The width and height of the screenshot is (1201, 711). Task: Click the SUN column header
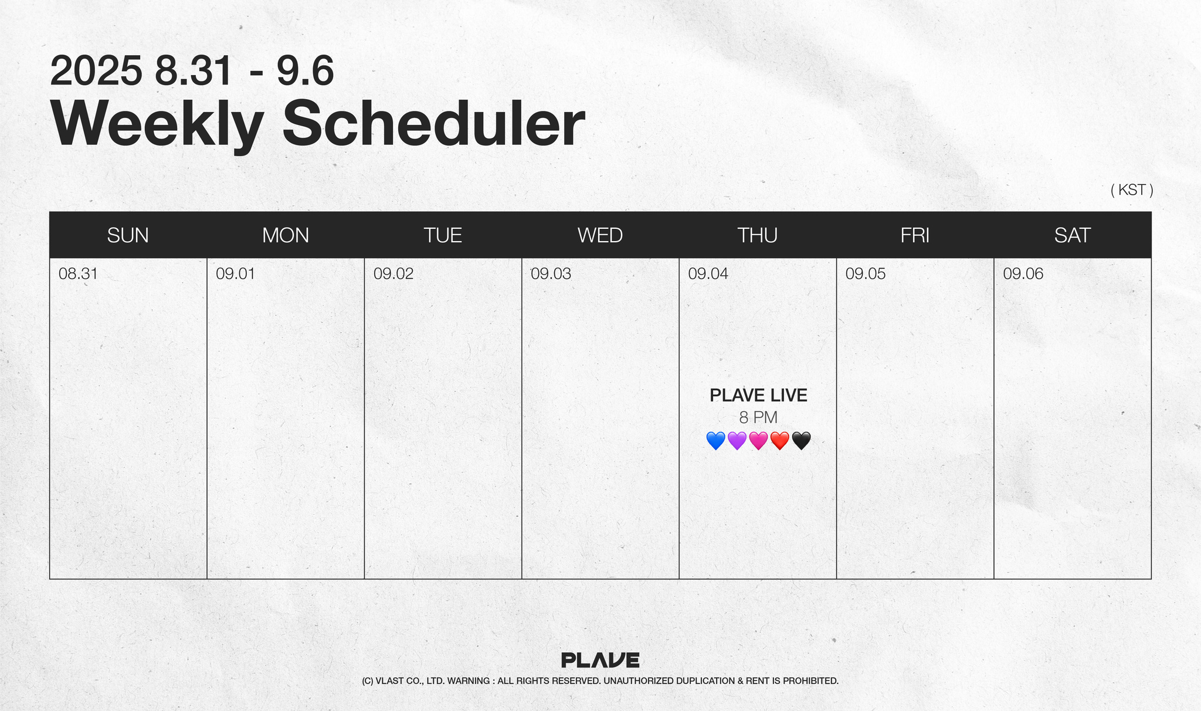[x=128, y=235]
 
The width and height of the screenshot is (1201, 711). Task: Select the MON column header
[x=286, y=235]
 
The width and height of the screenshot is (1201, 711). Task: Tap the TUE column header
[x=443, y=235]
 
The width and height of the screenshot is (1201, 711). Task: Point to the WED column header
[x=600, y=235]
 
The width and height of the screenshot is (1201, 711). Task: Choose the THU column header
[x=758, y=235]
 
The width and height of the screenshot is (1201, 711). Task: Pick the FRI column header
[x=915, y=235]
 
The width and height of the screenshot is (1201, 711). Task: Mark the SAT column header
[x=1073, y=235]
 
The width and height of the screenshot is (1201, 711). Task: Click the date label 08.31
[x=78, y=274]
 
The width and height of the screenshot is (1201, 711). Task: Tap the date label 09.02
[x=393, y=274]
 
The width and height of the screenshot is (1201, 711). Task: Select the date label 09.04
[x=708, y=274]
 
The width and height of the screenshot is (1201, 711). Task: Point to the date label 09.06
[x=1023, y=274]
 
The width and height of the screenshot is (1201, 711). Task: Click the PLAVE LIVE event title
[x=758, y=395]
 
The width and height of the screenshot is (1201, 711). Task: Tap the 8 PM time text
[x=758, y=418]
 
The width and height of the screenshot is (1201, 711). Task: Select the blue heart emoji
[x=715, y=441]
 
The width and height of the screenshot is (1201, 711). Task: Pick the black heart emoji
[x=801, y=441]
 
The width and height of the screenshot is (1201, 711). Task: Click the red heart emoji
[x=780, y=441]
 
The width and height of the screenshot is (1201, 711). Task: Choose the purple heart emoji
[x=737, y=441]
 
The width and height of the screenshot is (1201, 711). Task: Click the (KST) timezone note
[x=1132, y=190]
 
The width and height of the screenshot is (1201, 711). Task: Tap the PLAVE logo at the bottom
[x=600, y=660]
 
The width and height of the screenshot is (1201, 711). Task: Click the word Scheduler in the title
[x=434, y=124]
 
